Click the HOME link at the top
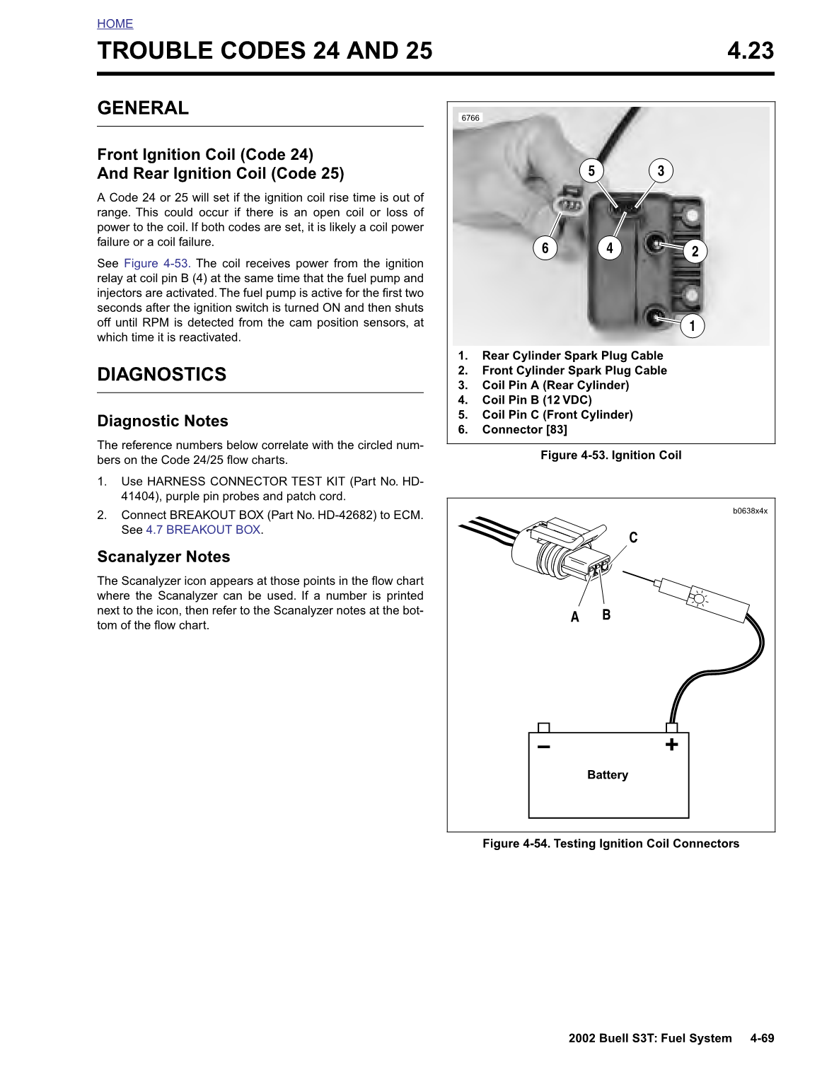tap(115, 24)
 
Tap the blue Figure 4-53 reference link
tap(156, 263)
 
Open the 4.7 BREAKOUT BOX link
tap(203, 530)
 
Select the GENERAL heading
tap(143, 108)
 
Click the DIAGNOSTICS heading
tap(161, 374)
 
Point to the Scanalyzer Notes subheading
tap(163, 557)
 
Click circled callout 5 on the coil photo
tap(591, 170)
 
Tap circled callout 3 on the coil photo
tap(661, 170)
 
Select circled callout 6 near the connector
tap(545, 248)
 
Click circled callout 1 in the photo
tap(692, 326)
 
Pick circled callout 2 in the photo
tap(695, 251)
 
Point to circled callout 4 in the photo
tap(610, 248)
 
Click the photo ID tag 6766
tap(470, 118)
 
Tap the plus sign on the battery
tap(671, 745)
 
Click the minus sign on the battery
tap(543, 747)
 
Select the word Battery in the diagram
tap(607, 775)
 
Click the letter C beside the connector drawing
tap(633, 538)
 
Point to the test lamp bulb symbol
tap(699, 599)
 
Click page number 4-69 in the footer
tap(762, 1038)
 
